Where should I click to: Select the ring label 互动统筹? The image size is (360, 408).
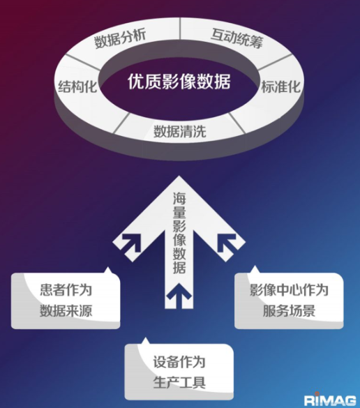click(x=237, y=38)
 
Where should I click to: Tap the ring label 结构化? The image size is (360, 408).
click(x=77, y=86)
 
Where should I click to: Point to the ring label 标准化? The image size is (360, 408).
click(x=281, y=86)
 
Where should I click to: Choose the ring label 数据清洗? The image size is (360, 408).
click(x=180, y=131)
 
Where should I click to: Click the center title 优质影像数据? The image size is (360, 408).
click(x=179, y=82)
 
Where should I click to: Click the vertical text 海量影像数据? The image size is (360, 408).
click(x=179, y=233)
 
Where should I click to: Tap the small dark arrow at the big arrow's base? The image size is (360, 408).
click(x=179, y=293)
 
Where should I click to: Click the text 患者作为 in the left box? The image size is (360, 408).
click(x=66, y=290)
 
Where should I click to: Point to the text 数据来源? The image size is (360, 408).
click(x=66, y=310)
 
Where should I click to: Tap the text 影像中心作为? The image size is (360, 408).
click(x=289, y=290)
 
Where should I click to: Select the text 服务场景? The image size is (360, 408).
click(x=289, y=310)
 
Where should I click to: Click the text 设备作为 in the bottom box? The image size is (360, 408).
click(x=179, y=362)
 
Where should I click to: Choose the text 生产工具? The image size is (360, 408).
click(x=179, y=382)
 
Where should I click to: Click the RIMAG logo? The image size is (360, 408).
click(x=330, y=400)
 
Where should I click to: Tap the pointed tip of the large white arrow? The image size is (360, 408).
click(x=179, y=176)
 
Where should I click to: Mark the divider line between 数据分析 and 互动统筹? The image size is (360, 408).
click(x=180, y=29)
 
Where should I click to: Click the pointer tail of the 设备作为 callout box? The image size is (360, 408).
click(x=145, y=341)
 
